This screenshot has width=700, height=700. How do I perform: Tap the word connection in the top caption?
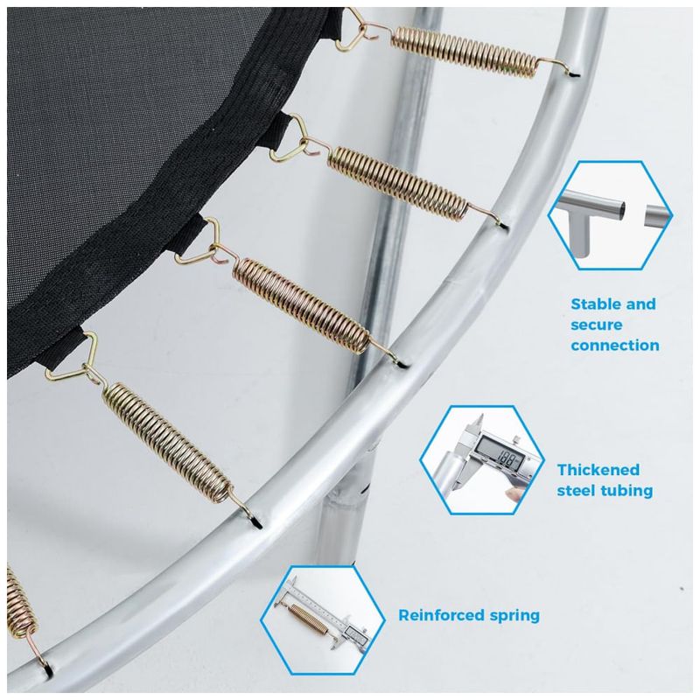[x=615, y=345]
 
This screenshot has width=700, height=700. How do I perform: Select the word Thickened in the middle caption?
[x=598, y=470]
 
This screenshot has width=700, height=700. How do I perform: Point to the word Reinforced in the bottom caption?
[x=441, y=615]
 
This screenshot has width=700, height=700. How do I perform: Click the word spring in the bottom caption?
[x=514, y=616]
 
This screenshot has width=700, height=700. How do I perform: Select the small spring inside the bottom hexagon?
[x=309, y=616]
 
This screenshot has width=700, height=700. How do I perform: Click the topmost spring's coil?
[x=465, y=52]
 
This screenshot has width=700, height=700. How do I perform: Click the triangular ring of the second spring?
[x=290, y=137]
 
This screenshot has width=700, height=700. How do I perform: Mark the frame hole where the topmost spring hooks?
[x=575, y=74]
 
